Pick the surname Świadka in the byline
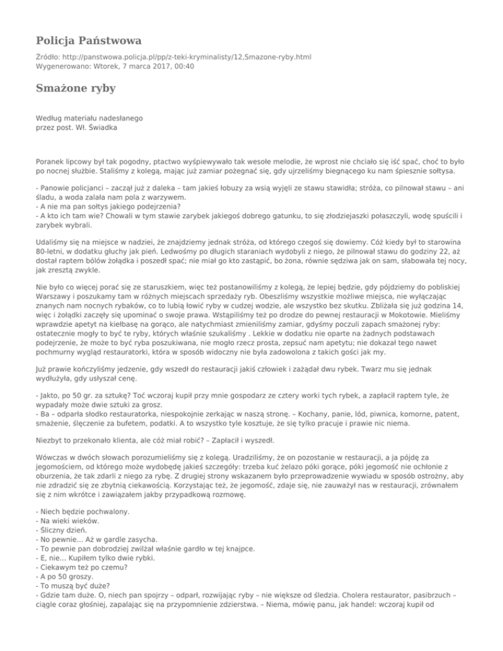tap(100, 128)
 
